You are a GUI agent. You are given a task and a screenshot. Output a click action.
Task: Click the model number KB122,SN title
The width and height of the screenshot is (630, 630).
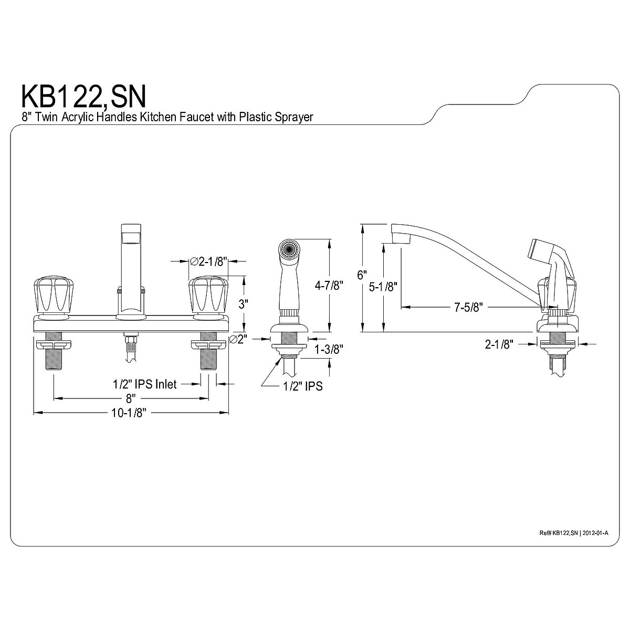click(83, 97)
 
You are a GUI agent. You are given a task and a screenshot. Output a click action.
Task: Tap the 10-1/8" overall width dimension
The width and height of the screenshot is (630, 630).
click(128, 413)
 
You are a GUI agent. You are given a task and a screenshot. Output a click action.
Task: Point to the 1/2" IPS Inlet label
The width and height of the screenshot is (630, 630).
click(145, 384)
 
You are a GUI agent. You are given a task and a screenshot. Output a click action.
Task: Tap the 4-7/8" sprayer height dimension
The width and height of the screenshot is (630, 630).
click(328, 286)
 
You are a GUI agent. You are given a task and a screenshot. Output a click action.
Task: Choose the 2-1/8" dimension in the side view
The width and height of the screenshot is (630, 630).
click(499, 344)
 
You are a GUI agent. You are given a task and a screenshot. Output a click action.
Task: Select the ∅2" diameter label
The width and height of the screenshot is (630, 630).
click(238, 340)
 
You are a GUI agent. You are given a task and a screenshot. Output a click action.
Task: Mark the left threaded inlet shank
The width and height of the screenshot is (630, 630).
click(54, 358)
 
